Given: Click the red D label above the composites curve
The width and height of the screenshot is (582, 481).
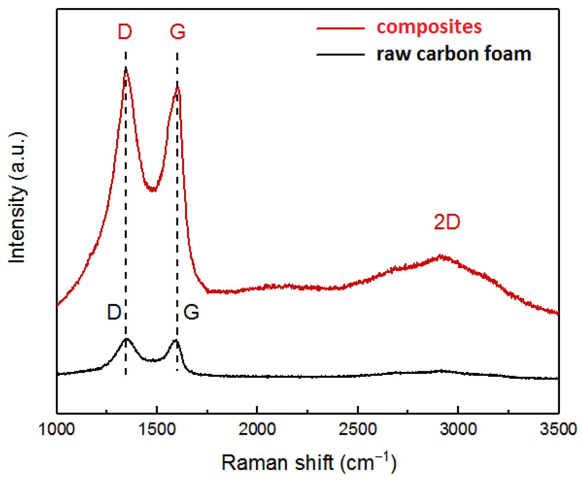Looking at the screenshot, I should point(125,32).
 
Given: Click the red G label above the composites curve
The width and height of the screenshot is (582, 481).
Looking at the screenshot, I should point(177,32).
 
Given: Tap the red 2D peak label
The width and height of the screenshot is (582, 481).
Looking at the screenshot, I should point(447,222).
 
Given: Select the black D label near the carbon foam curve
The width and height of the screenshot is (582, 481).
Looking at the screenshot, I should point(114,312).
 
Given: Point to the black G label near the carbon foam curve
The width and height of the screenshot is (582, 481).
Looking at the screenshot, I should point(191,312).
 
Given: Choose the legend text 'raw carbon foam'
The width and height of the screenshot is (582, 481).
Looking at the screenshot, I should point(454,54).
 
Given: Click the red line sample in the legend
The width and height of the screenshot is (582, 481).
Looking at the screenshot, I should point(340,28).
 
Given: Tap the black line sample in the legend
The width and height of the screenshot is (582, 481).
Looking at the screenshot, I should point(340,55).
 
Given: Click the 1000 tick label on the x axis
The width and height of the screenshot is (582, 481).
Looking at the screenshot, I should point(56,430).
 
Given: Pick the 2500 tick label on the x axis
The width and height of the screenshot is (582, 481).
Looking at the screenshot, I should point(357,430).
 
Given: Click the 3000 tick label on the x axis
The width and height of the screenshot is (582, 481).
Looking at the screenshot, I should point(458,430).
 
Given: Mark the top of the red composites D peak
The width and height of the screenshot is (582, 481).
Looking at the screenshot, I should point(126,69).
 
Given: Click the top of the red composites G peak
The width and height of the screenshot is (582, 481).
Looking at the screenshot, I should point(178,88).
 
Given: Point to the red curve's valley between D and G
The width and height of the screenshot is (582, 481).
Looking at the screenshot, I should point(153,190).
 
